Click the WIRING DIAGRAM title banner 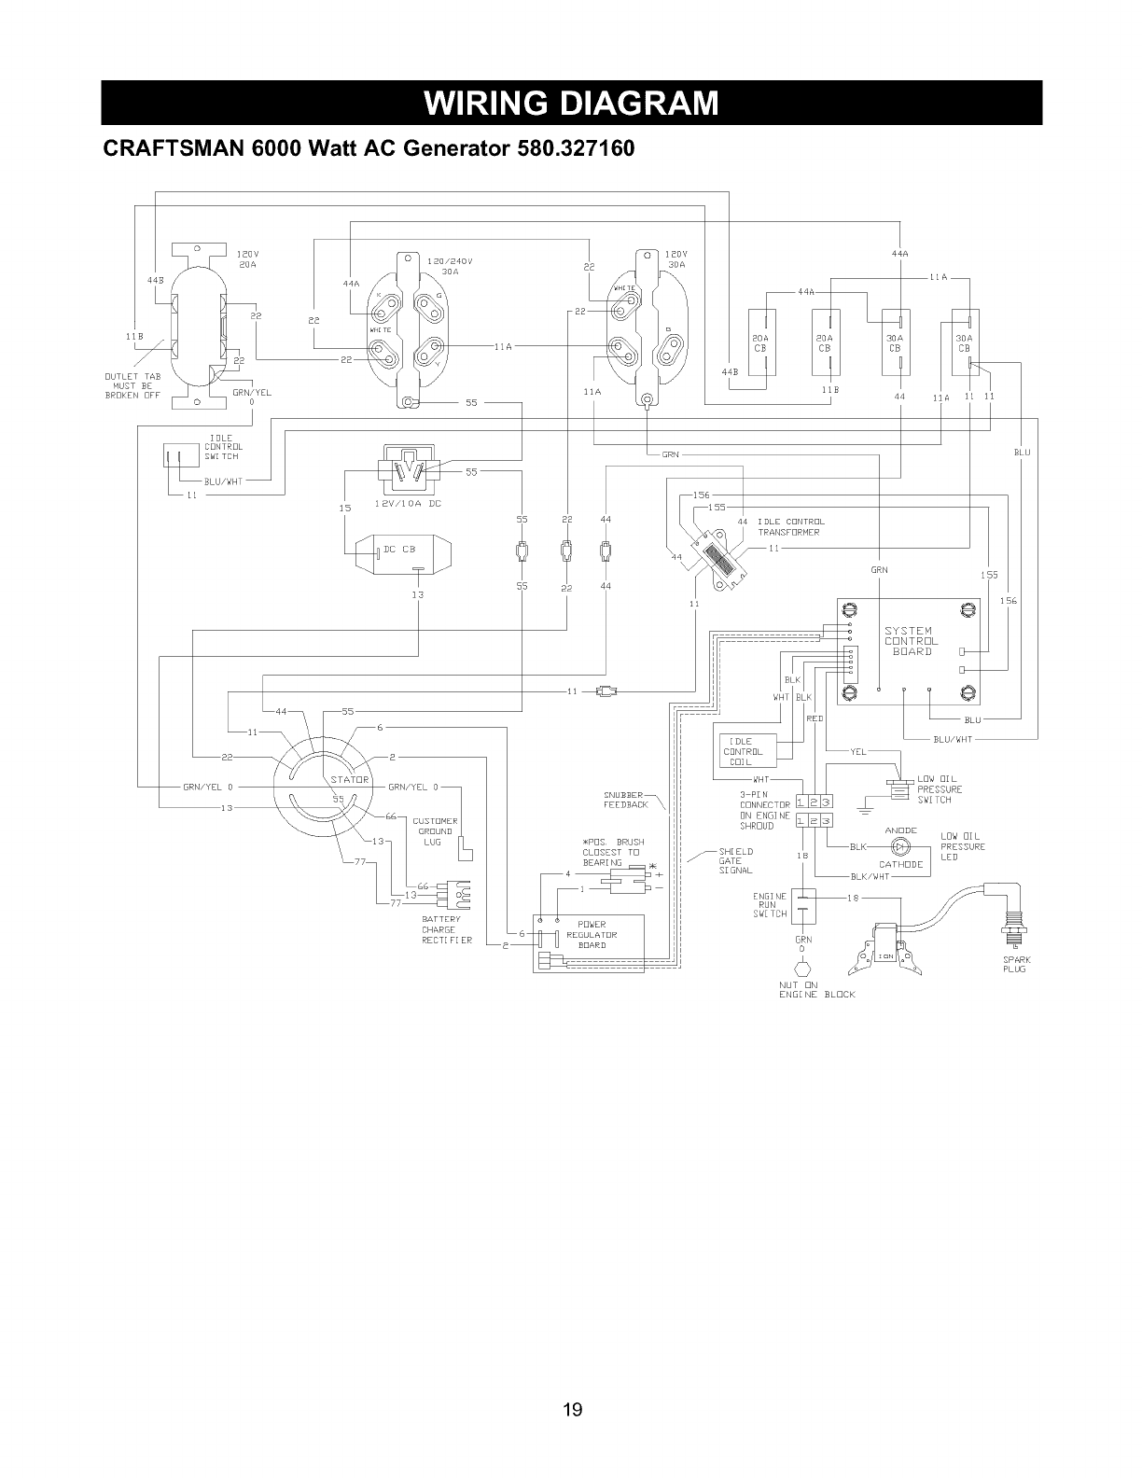pyautogui.click(x=571, y=102)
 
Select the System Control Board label pyautogui.click(x=911, y=641)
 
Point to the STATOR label pyautogui.click(x=347, y=779)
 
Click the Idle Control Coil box pyautogui.click(x=743, y=751)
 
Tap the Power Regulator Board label pyautogui.click(x=591, y=935)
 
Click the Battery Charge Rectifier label pyautogui.click(x=447, y=929)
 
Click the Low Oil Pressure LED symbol pyautogui.click(x=900, y=846)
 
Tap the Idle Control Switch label pyautogui.click(x=223, y=447)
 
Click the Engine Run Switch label pyautogui.click(x=770, y=904)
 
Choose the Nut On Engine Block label pyautogui.click(x=815, y=989)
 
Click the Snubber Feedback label pyautogui.click(x=625, y=799)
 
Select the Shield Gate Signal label pyautogui.click(x=735, y=860)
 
